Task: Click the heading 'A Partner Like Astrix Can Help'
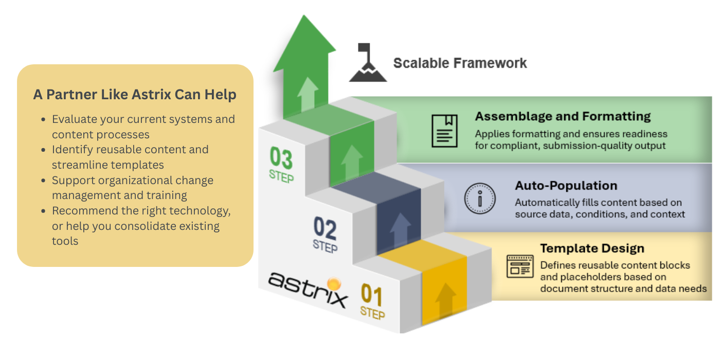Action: click(135, 95)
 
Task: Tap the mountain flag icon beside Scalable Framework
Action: click(368, 63)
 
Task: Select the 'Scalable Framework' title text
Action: click(460, 63)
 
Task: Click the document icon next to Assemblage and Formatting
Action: click(444, 131)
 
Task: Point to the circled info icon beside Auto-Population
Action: click(479, 199)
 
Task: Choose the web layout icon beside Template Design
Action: click(520, 266)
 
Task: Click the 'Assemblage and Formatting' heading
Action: click(563, 116)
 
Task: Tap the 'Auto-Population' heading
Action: click(566, 186)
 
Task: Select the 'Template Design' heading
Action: click(592, 248)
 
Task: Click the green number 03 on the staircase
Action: click(281, 158)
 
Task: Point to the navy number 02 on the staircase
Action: click(325, 228)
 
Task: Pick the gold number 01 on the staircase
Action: click(371, 295)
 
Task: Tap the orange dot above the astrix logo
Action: click(334, 283)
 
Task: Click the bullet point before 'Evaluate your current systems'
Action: click(43, 119)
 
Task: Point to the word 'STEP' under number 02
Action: click(325, 246)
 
